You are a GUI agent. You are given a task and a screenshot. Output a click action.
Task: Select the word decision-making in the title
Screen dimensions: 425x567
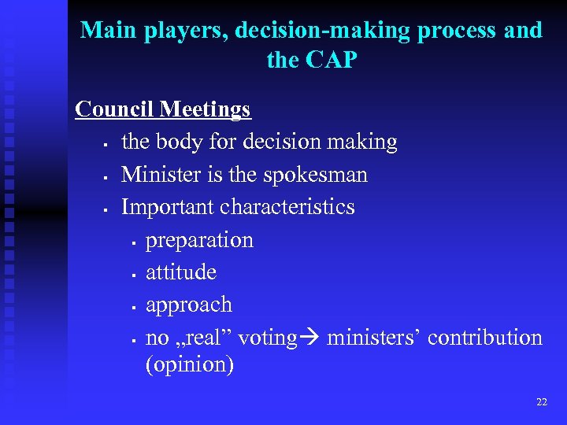click(317, 31)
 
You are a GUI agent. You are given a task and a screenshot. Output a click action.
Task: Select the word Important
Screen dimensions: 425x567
click(168, 206)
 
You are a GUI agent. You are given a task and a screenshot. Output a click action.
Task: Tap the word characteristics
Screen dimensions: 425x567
click(287, 206)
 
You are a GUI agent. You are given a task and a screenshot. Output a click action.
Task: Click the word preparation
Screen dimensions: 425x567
click(200, 240)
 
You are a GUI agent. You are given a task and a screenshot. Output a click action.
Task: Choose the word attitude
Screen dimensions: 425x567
click(181, 272)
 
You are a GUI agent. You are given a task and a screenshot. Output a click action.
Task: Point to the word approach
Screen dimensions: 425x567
click(189, 305)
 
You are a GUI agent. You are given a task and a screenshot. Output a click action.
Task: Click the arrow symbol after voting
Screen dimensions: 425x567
click(309, 338)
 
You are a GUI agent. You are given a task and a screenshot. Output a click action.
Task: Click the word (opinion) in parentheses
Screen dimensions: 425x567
click(190, 365)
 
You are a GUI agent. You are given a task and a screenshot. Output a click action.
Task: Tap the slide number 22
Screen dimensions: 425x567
click(541, 402)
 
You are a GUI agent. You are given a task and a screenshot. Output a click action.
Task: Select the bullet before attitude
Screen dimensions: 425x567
click(135, 275)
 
